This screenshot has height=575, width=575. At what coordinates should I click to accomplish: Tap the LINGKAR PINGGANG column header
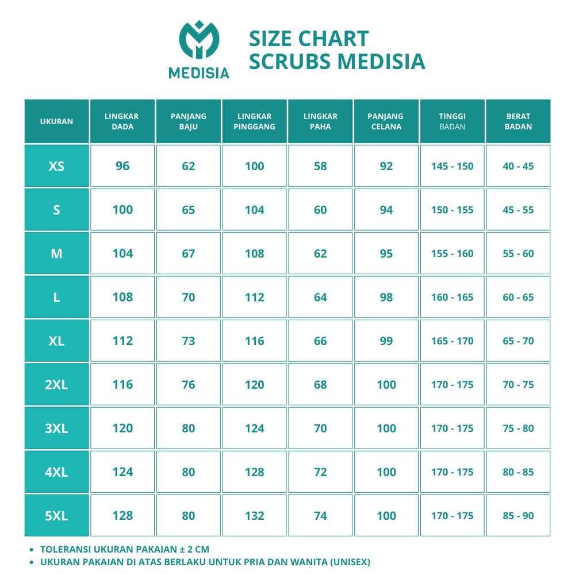[x=254, y=121]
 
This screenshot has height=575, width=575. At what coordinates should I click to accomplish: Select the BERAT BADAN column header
[x=518, y=121]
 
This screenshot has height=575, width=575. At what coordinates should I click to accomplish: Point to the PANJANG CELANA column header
[x=386, y=121]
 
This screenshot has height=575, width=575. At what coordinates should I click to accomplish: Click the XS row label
[x=56, y=166]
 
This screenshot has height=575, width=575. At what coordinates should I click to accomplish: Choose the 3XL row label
[x=56, y=428]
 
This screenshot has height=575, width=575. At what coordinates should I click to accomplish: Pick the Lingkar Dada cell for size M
[x=122, y=254]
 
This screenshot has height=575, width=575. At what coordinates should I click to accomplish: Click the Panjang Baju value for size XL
[x=189, y=341]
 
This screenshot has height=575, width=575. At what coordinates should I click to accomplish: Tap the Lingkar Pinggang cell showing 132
[x=254, y=516]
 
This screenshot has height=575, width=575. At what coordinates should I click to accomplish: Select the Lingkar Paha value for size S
[x=320, y=210]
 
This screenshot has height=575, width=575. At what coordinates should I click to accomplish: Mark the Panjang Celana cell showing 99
[x=386, y=341]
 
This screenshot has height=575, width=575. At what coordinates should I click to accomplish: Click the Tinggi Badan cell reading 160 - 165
[x=452, y=297]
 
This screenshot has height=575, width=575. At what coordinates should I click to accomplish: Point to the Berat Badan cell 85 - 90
[x=518, y=516]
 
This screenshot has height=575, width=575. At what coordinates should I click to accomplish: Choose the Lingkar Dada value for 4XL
[x=122, y=472]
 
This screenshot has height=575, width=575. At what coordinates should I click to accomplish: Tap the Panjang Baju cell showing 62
[x=189, y=166]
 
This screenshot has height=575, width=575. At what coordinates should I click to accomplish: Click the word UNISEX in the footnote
[x=348, y=562]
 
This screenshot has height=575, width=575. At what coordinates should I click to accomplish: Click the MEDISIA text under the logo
[x=199, y=73]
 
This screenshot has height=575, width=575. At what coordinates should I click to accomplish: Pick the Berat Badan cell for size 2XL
[x=518, y=385]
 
